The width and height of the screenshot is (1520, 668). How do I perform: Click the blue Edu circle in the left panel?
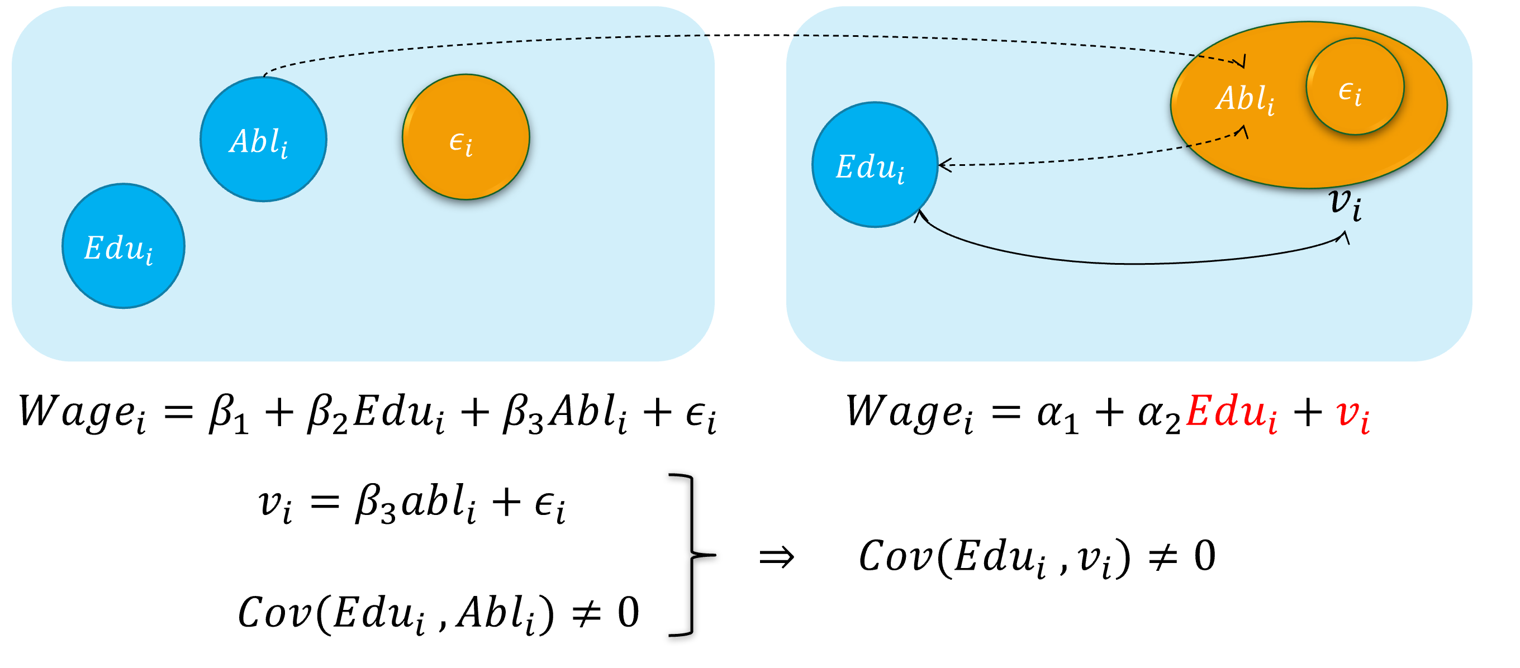click(123, 246)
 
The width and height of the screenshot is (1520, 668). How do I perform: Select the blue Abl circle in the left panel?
click(263, 140)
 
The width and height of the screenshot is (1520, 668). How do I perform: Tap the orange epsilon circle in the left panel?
click(465, 137)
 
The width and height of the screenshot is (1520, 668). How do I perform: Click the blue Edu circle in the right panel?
click(875, 165)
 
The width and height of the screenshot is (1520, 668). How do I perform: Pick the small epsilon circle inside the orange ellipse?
click(1354, 87)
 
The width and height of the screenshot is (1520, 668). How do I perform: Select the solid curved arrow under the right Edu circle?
click(1133, 262)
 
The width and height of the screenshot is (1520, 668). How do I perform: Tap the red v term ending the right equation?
click(1353, 414)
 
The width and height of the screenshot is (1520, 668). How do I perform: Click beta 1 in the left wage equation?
click(229, 414)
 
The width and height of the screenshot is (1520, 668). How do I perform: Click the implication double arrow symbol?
click(777, 556)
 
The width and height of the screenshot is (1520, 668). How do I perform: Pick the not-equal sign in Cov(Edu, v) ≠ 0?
click(1163, 556)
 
